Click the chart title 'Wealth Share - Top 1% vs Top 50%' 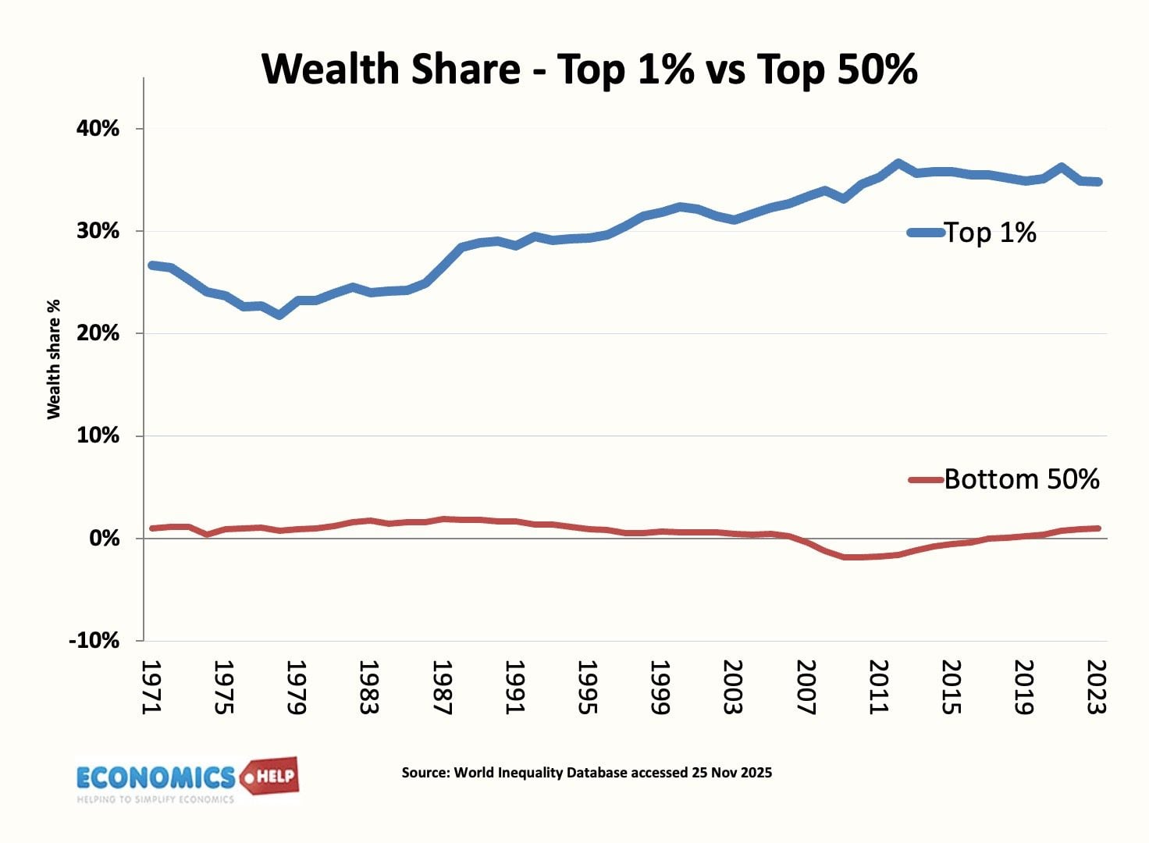589,69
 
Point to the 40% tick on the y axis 98,129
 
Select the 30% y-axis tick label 98,231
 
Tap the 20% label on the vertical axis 98,333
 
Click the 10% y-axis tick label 98,436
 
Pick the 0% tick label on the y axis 104,539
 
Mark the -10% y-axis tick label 94,641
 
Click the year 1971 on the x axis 151,687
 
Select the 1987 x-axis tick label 442,687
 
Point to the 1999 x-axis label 660,687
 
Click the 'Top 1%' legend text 990,233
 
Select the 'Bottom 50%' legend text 1021,479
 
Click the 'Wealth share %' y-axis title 54,359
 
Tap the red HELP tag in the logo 270,776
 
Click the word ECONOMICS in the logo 155,777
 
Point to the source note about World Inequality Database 586,773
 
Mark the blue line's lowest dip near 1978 279,315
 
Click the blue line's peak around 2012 898,164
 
